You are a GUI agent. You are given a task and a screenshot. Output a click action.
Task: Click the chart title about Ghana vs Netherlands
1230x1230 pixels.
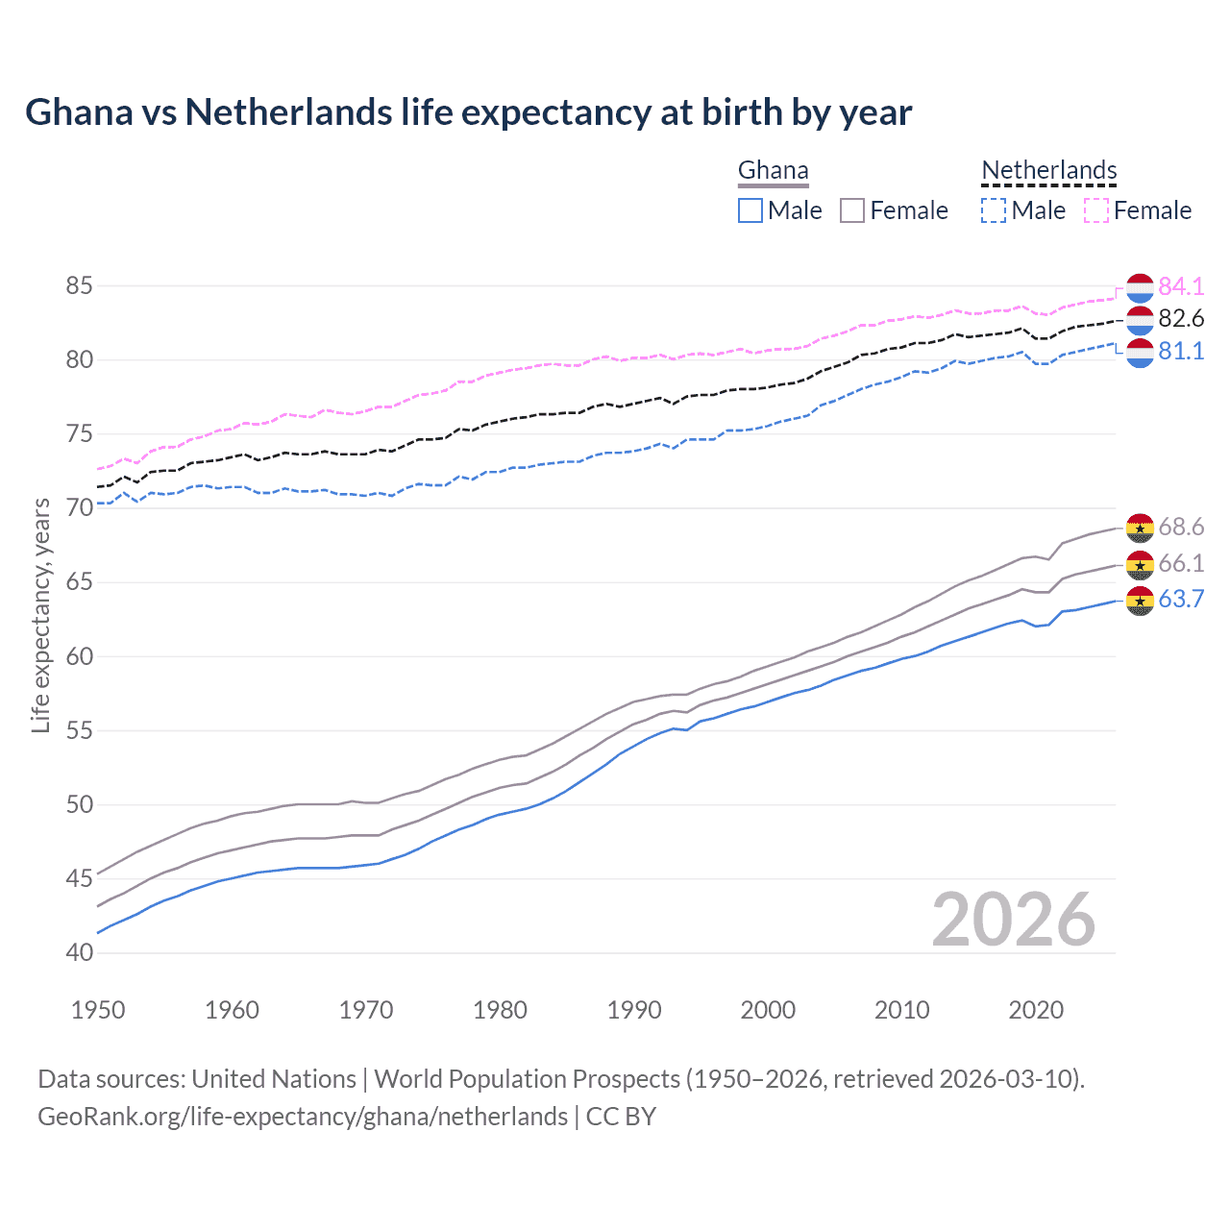tap(468, 112)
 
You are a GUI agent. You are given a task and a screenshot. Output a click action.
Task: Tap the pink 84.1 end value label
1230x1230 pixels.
tap(1181, 286)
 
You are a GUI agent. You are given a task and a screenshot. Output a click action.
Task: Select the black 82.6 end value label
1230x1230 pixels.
tap(1181, 319)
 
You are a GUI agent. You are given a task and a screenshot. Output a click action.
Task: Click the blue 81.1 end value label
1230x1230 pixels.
tap(1181, 352)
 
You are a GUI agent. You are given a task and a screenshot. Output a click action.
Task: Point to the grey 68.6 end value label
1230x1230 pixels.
tap(1181, 527)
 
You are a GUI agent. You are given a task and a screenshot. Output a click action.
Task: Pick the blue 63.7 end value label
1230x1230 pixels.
tap(1181, 600)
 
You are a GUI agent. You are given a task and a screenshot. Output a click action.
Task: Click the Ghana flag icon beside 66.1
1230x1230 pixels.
tap(1140, 564)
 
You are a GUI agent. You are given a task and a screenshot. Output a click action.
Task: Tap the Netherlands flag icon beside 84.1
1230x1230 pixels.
tap(1140, 287)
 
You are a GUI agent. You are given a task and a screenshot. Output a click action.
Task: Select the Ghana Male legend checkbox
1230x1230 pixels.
tap(750, 210)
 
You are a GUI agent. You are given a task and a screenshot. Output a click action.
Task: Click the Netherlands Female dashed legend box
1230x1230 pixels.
tap(1096, 210)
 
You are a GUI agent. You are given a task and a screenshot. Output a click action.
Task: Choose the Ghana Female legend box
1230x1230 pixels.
tap(852, 210)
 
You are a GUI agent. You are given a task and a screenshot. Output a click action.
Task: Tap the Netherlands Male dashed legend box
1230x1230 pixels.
tap(994, 210)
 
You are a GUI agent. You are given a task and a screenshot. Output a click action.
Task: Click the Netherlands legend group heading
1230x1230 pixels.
tap(1048, 171)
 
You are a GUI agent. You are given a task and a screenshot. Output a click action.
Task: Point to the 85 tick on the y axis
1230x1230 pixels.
tap(79, 286)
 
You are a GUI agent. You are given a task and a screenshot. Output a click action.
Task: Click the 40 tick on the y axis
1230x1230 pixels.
tap(79, 953)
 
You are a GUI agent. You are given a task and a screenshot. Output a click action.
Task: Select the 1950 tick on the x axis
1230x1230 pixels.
tap(98, 1010)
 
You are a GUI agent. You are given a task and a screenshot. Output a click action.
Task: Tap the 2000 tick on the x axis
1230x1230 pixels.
tap(768, 1010)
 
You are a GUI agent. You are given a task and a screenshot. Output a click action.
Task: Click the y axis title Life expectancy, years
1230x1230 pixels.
tap(40, 615)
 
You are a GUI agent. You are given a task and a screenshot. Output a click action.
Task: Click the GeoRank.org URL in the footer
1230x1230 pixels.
tap(303, 1117)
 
